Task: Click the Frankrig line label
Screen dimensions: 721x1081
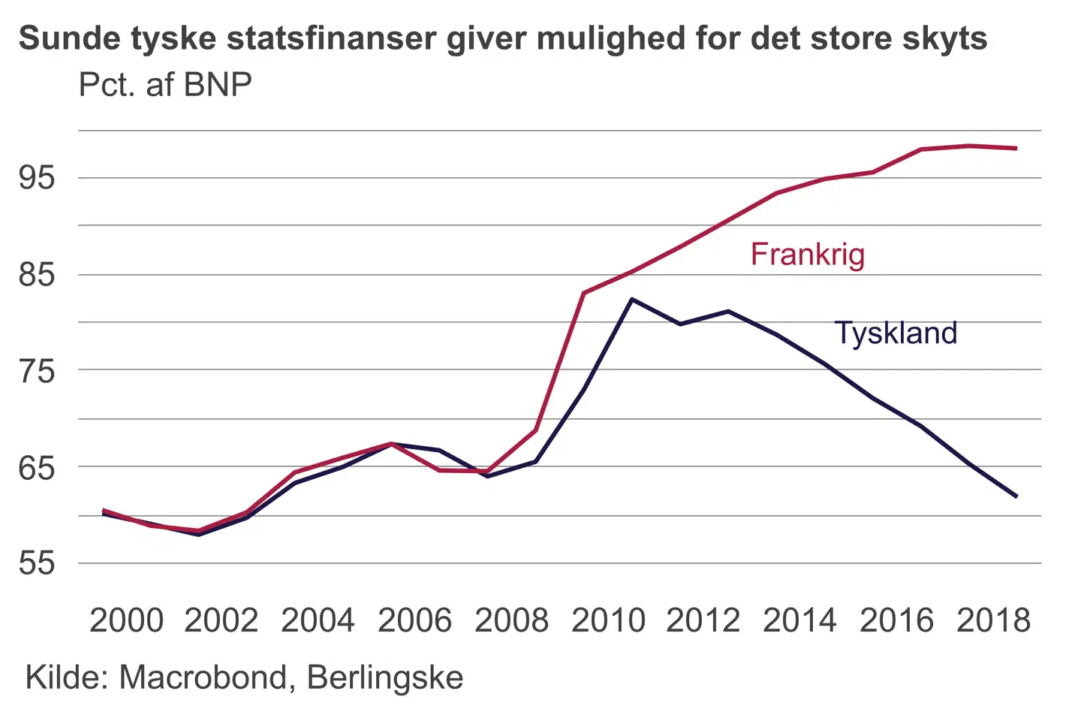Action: pyautogui.click(x=808, y=255)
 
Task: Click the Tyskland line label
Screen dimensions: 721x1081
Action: pyautogui.click(x=896, y=333)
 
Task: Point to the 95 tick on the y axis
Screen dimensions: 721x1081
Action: pyautogui.click(x=38, y=178)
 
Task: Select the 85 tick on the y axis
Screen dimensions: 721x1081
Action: pyautogui.click(x=38, y=274)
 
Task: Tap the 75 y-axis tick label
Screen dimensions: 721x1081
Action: pyautogui.click(x=38, y=370)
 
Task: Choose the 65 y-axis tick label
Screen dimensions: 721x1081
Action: pyautogui.click(x=38, y=467)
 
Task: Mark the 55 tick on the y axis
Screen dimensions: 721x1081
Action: pyautogui.click(x=38, y=563)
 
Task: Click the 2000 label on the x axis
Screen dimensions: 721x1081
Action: pyautogui.click(x=126, y=620)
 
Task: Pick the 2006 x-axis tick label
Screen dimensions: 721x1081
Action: pyautogui.click(x=415, y=620)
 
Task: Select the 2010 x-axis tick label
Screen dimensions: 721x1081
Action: pyautogui.click(x=608, y=620)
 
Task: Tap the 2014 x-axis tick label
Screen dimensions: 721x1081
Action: pyautogui.click(x=799, y=620)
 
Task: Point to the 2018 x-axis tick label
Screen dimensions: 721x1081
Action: pyautogui.click(x=993, y=620)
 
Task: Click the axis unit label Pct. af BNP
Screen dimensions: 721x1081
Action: pyautogui.click(x=165, y=85)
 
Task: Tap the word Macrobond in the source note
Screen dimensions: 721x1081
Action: pyautogui.click(x=203, y=677)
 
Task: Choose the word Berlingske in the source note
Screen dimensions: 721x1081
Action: pyautogui.click(x=385, y=677)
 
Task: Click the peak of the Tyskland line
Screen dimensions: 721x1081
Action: pyautogui.click(x=632, y=299)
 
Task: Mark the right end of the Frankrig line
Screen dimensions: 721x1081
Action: pyautogui.click(x=1016, y=149)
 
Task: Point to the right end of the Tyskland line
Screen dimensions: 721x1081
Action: pyautogui.click(x=1016, y=496)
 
